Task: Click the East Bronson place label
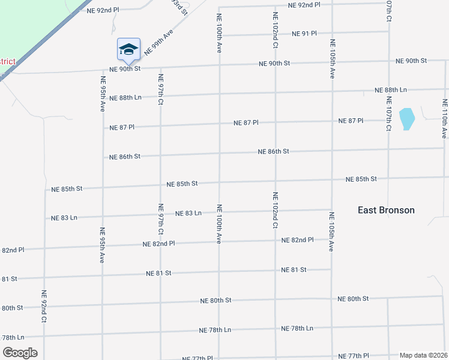[386, 210]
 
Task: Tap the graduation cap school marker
[128, 49]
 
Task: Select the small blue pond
[406, 119]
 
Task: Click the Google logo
[20, 352]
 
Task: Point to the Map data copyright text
[423, 355]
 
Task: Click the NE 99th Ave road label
[158, 43]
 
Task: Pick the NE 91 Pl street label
[304, 34]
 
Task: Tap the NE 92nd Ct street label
[44, 307]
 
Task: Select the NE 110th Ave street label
[445, 119]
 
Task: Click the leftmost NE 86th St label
[125, 157]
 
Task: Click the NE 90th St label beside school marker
[124, 68]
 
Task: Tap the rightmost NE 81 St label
[294, 270]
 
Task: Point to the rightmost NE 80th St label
[353, 298]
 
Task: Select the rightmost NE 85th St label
[361, 179]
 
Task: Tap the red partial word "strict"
[7, 61]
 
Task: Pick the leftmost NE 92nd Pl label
[103, 11]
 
